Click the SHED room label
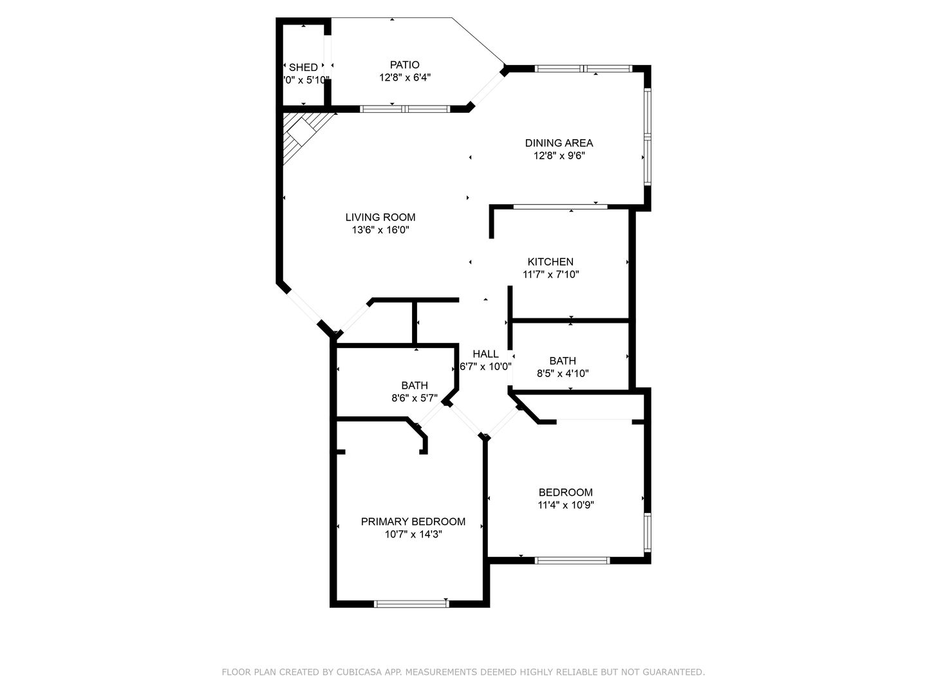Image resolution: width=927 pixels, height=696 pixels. point(303,67)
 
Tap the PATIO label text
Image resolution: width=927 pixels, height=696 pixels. point(404,64)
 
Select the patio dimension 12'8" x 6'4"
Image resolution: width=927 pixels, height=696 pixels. point(404,77)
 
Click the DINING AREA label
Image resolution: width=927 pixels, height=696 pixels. point(559,143)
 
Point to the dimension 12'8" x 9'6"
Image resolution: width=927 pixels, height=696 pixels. point(559,155)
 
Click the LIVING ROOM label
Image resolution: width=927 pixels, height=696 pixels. point(380,217)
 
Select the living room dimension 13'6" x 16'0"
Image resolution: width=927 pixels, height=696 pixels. point(380,230)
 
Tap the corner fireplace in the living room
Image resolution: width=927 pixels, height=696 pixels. point(301,133)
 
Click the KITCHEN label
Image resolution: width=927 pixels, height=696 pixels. point(550,262)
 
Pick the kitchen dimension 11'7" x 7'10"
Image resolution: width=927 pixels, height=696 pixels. point(550,274)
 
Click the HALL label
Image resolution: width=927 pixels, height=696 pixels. point(485,354)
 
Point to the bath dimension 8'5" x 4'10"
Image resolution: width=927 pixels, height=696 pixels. point(563,373)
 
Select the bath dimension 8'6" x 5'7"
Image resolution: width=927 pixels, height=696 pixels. point(415,398)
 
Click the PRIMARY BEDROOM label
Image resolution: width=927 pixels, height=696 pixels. point(413,521)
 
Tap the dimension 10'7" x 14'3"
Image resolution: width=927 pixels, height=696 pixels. point(413,534)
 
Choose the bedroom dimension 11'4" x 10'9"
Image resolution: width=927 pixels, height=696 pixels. point(566,505)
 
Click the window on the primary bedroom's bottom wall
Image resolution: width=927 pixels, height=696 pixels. point(411,604)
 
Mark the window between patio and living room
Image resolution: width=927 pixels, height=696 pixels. point(405,109)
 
